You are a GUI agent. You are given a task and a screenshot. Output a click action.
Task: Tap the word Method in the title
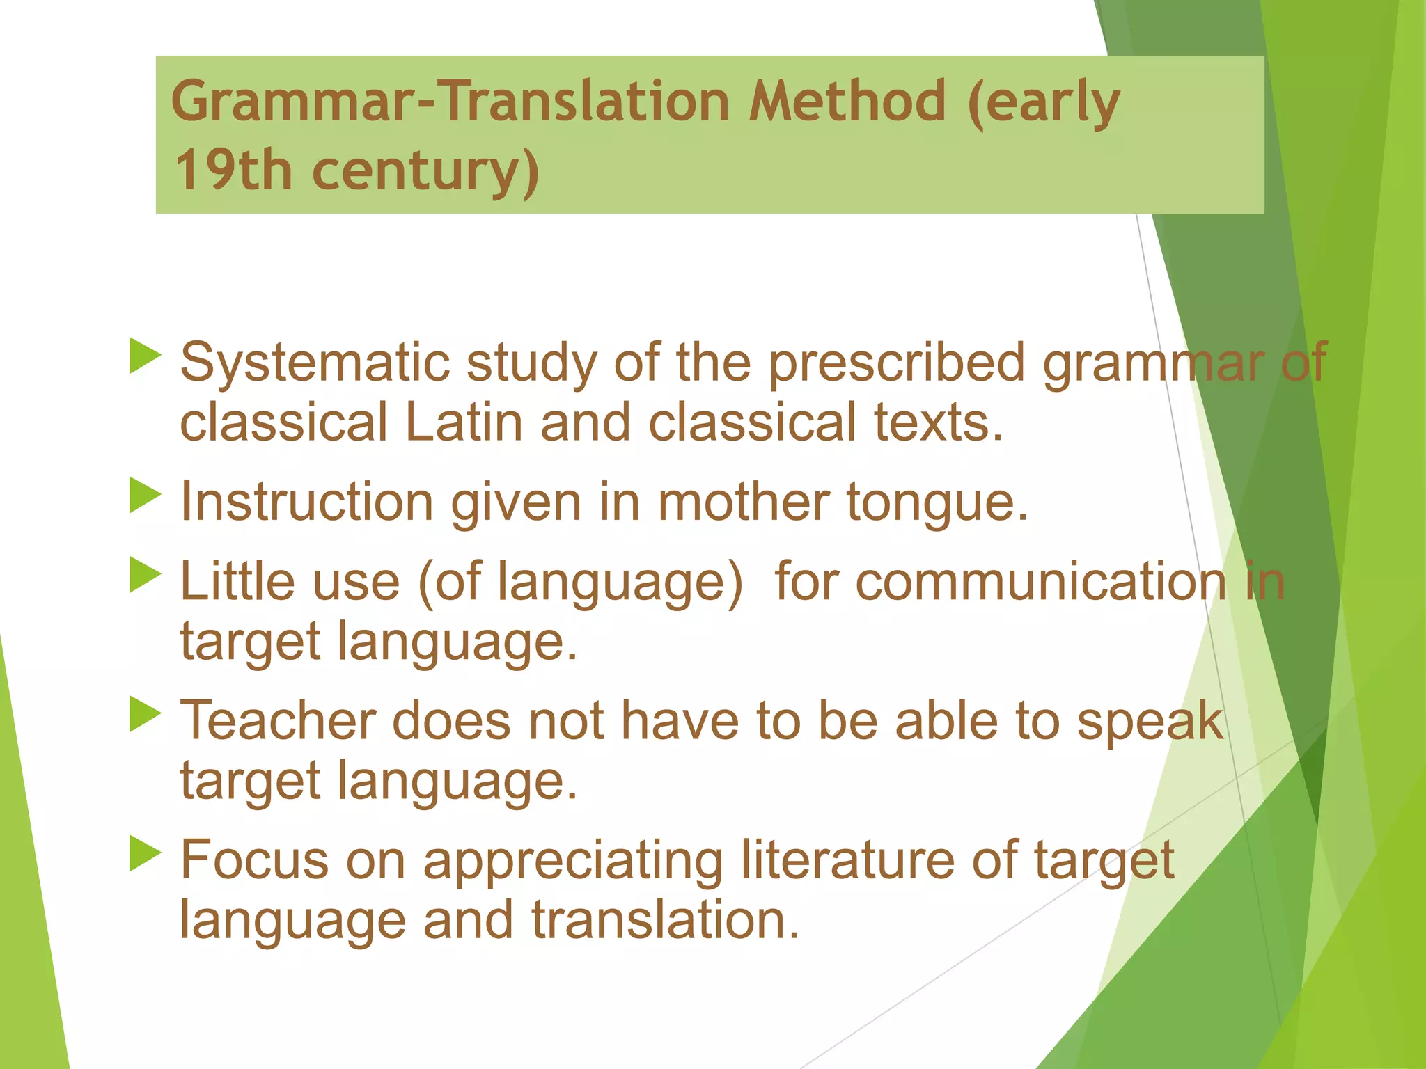tap(847, 102)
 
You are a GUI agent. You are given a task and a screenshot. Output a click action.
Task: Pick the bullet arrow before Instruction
tap(145, 496)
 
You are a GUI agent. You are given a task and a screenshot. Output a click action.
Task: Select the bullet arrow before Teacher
tap(145, 714)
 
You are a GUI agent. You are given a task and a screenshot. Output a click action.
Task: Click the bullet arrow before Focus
tap(145, 853)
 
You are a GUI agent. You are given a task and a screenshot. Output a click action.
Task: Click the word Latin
tap(463, 423)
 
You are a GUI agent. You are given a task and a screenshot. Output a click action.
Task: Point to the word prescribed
tap(897, 363)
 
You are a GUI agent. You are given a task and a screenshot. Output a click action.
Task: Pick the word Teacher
tap(278, 721)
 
